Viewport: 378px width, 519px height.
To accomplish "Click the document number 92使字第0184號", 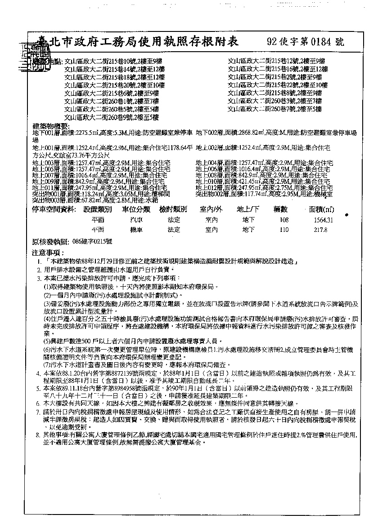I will click(x=305, y=42).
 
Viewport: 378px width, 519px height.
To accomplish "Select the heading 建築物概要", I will click(x=50, y=125).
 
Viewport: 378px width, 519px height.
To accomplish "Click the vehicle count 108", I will click(x=284, y=220).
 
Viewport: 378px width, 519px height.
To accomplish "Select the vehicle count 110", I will click(x=284, y=230).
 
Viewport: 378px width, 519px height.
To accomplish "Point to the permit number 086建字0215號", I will click(x=92, y=241).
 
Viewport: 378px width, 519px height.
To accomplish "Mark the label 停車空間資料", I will click(x=54, y=209).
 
